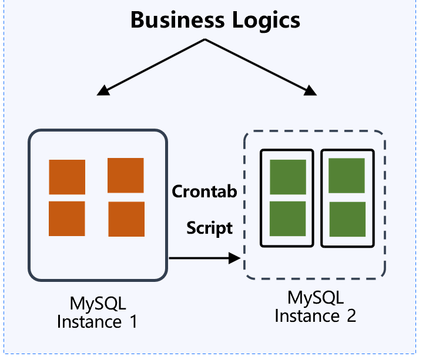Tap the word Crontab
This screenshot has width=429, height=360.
click(205, 191)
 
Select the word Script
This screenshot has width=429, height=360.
click(210, 227)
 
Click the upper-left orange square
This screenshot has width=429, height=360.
click(67, 177)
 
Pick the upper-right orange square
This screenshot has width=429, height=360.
click(126, 175)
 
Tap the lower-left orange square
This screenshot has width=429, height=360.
click(67, 218)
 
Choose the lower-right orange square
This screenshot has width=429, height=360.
click(126, 219)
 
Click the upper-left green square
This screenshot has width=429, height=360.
click(288, 177)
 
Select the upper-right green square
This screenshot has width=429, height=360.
click(347, 177)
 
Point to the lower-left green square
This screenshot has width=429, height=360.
click(288, 218)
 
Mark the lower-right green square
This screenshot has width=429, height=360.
click(347, 219)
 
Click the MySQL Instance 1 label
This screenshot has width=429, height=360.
click(98, 312)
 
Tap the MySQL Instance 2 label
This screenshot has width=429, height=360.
click(316, 307)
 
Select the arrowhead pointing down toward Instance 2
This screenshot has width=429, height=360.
click(310, 90)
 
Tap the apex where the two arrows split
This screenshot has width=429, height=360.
click(205, 40)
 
